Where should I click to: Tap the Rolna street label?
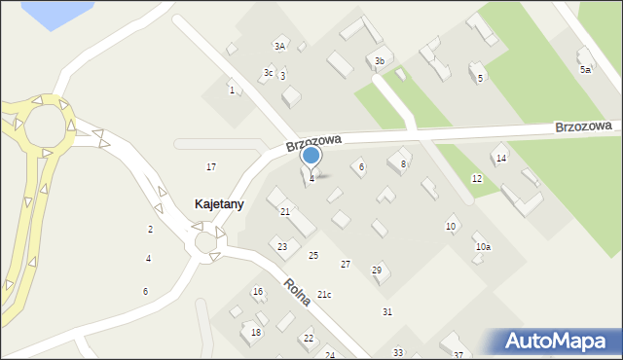pyautogui.click(x=298, y=292)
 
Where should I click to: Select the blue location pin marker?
pyautogui.click(x=311, y=156)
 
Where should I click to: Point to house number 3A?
pyautogui.click(x=279, y=46)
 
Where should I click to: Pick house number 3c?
pyautogui.click(x=269, y=73)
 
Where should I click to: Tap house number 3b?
pyautogui.click(x=380, y=61)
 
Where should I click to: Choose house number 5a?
pyautogui.click(x=585, y=70)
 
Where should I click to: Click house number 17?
pyautogui.click(x=211, y=167)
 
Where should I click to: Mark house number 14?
pyautogui.click(x=501, y=158)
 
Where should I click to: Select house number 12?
pyautogui.click(x=477, y=179)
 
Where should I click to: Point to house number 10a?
pyautogui.click(x=483, y=247)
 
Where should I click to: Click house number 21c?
pyautogui.click(x=324, y=295)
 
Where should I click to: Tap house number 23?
pyautogui.click(x=282, y=247)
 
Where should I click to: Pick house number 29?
pyautogui.click(x=377, y=270)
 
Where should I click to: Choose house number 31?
pyautogui.click(x=386, y=311)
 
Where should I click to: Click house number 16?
pyautogui.click(x=258, y=292)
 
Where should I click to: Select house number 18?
pyautogui.click(x=256, y=333)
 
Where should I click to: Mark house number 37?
pyautogui.click(x=458, y=355)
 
